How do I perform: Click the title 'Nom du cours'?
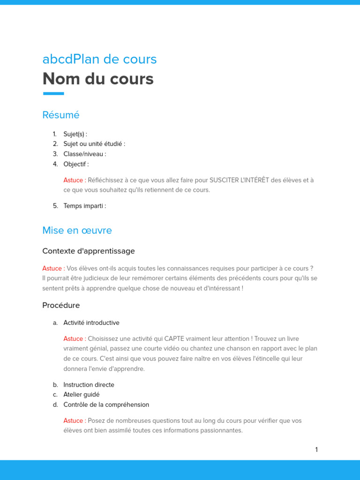click(97, 79)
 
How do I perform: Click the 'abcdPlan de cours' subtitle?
click(99, 60)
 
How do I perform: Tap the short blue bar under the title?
click(53, 94)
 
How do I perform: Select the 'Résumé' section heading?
click(61, 115)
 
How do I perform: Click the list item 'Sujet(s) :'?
click(75, 134)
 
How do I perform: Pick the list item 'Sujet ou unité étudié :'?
click(94, 144)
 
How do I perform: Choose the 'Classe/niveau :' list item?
click(85, 154)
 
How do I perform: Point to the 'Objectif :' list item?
click(76, 164)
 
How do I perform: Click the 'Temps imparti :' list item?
click(84, 206)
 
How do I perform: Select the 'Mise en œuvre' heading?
click(77, 231)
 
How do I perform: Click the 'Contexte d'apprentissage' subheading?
click(88, 251)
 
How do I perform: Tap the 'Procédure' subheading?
click(61, 306)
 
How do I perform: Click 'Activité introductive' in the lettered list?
click(91, 323)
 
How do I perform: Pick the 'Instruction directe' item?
click(89, 385)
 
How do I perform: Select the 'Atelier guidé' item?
click(82, 395)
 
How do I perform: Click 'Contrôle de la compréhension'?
click(106, 405)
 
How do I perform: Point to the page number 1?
click(316, 450)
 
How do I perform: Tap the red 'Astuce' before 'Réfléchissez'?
click(74, 180)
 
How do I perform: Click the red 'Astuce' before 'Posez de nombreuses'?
click(74, 421)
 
